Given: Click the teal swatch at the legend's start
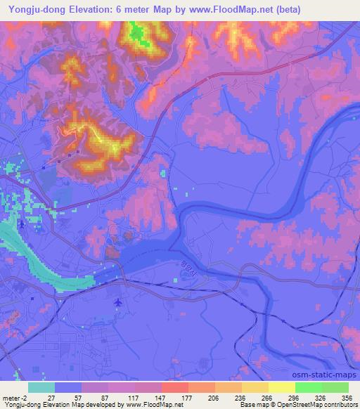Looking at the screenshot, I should click(x=41, y=387).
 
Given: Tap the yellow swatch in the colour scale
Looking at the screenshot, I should click(x=281, y=387).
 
